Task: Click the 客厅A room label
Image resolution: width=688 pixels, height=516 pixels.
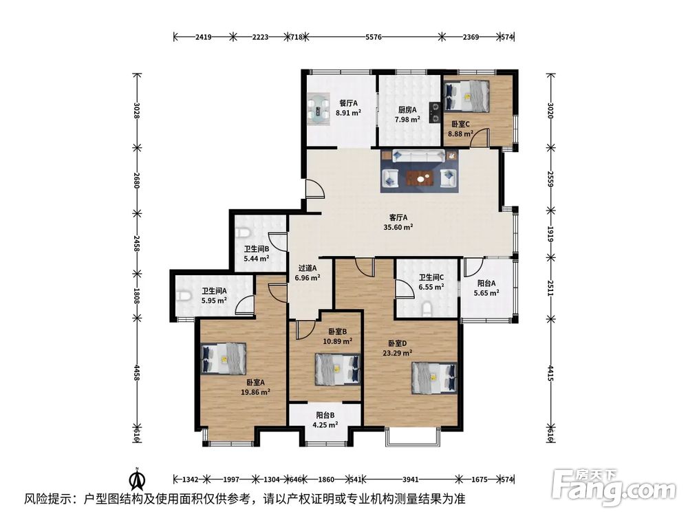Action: pos(398,217)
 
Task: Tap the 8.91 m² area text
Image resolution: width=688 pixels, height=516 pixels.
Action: pos(348,113)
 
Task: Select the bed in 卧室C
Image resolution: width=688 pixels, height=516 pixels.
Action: pos(466,96)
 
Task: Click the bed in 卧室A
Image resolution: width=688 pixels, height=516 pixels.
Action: pos(224,358)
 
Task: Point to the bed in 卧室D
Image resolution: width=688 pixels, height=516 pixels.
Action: pos(434,377)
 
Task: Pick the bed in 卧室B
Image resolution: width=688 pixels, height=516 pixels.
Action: pos(337,369)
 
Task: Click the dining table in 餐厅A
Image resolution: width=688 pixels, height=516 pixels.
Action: pos(319,109)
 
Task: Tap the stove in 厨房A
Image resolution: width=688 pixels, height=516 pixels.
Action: pos(435,111)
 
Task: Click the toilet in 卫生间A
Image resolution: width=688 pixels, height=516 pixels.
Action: pos(184,297)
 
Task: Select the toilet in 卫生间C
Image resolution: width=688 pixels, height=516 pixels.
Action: pos(427,309)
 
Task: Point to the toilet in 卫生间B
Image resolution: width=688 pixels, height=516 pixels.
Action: pos(243,232)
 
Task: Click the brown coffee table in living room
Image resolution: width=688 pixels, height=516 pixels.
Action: pos(420,178)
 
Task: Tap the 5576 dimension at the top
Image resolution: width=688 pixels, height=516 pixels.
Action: pos(374,37)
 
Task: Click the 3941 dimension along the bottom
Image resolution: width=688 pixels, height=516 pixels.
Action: pos(410,479)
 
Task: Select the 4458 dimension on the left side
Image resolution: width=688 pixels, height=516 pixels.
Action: pos(137,372)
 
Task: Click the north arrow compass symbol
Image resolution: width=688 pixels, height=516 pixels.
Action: pos(138,479)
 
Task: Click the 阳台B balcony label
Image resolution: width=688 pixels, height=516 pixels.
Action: pos(325,415)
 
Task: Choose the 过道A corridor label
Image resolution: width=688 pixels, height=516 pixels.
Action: pos(308,268)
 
